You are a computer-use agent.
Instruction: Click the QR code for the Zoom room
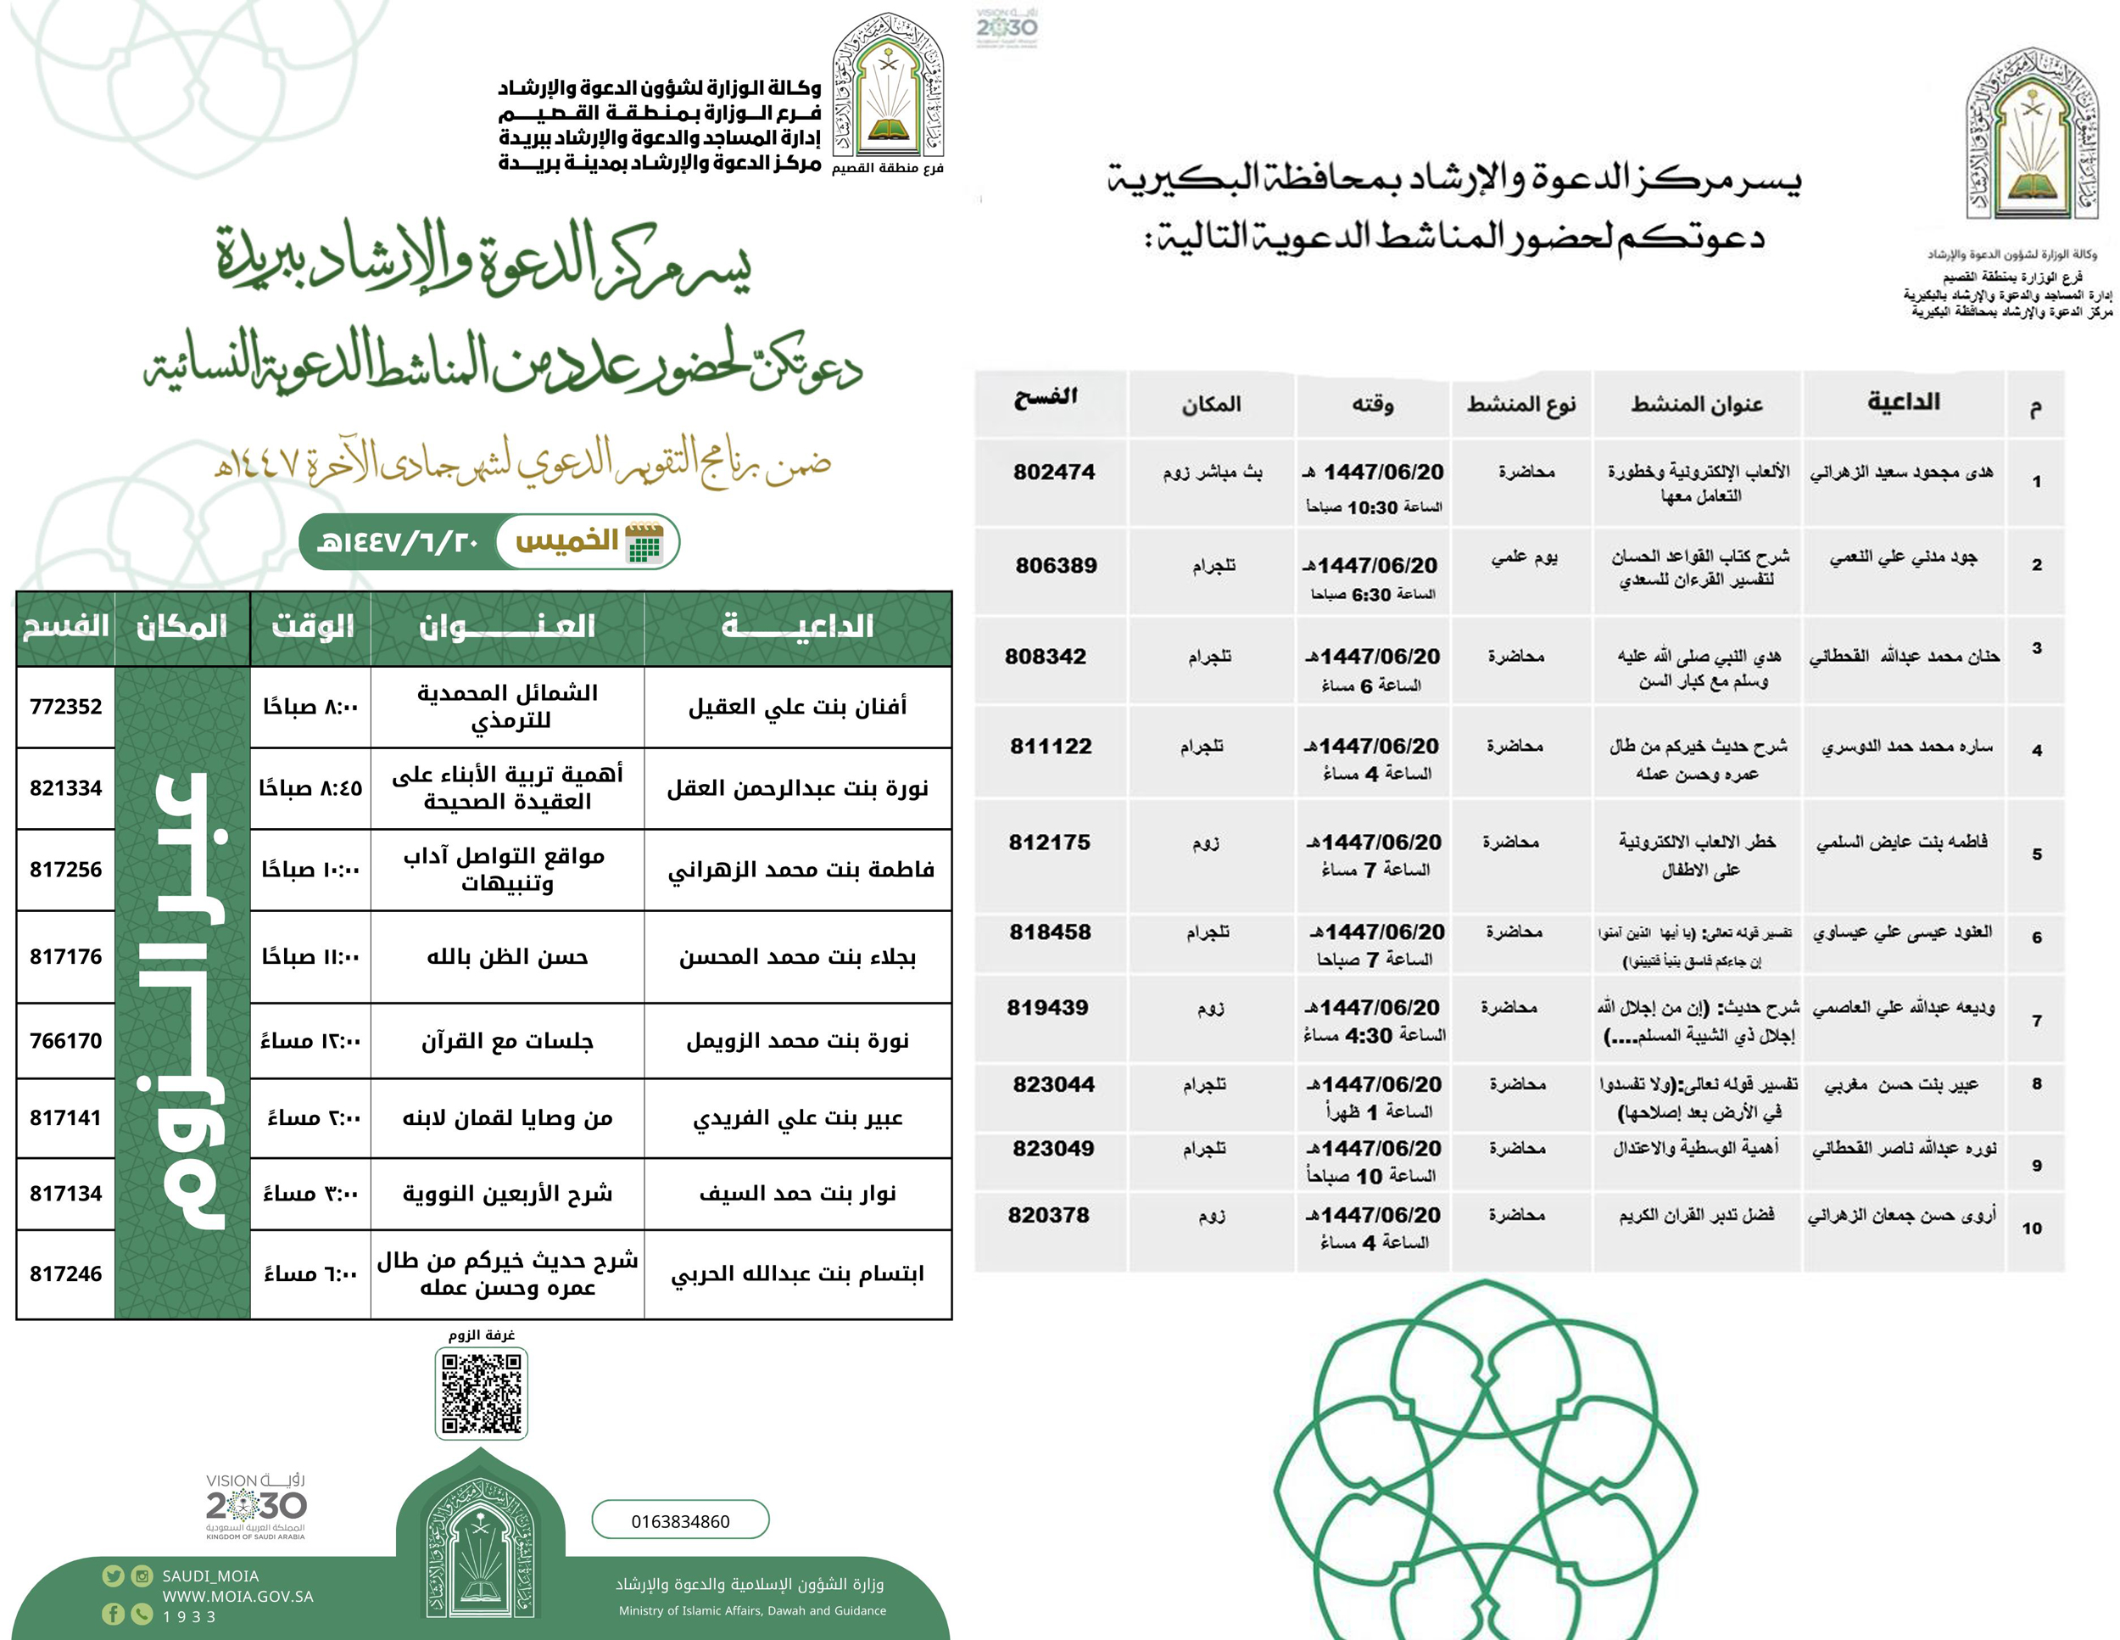point(482,1393)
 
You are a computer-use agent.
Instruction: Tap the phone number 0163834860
point(679,1520)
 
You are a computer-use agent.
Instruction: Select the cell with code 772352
point(66,707)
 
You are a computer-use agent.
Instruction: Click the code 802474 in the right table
point(1054,472)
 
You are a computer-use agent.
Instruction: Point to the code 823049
point(1053,1149)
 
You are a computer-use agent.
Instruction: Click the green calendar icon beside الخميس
point(644,542)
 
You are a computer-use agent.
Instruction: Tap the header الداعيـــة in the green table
point(797,627)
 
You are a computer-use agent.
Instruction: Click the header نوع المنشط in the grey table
point(1521,404)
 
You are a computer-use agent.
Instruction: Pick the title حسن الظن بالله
point(508,957)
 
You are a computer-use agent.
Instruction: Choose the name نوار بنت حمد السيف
point(797,1194)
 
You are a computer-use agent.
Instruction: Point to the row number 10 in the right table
point(2032,1229)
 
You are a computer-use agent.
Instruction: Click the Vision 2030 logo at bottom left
point(255,1505)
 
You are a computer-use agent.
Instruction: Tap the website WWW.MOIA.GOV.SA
point(237,1596)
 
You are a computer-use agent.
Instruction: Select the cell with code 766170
point(66,1041)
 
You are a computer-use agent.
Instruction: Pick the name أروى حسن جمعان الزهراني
point(1900,1216)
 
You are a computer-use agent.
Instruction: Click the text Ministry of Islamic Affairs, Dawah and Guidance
point(752,1611)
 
